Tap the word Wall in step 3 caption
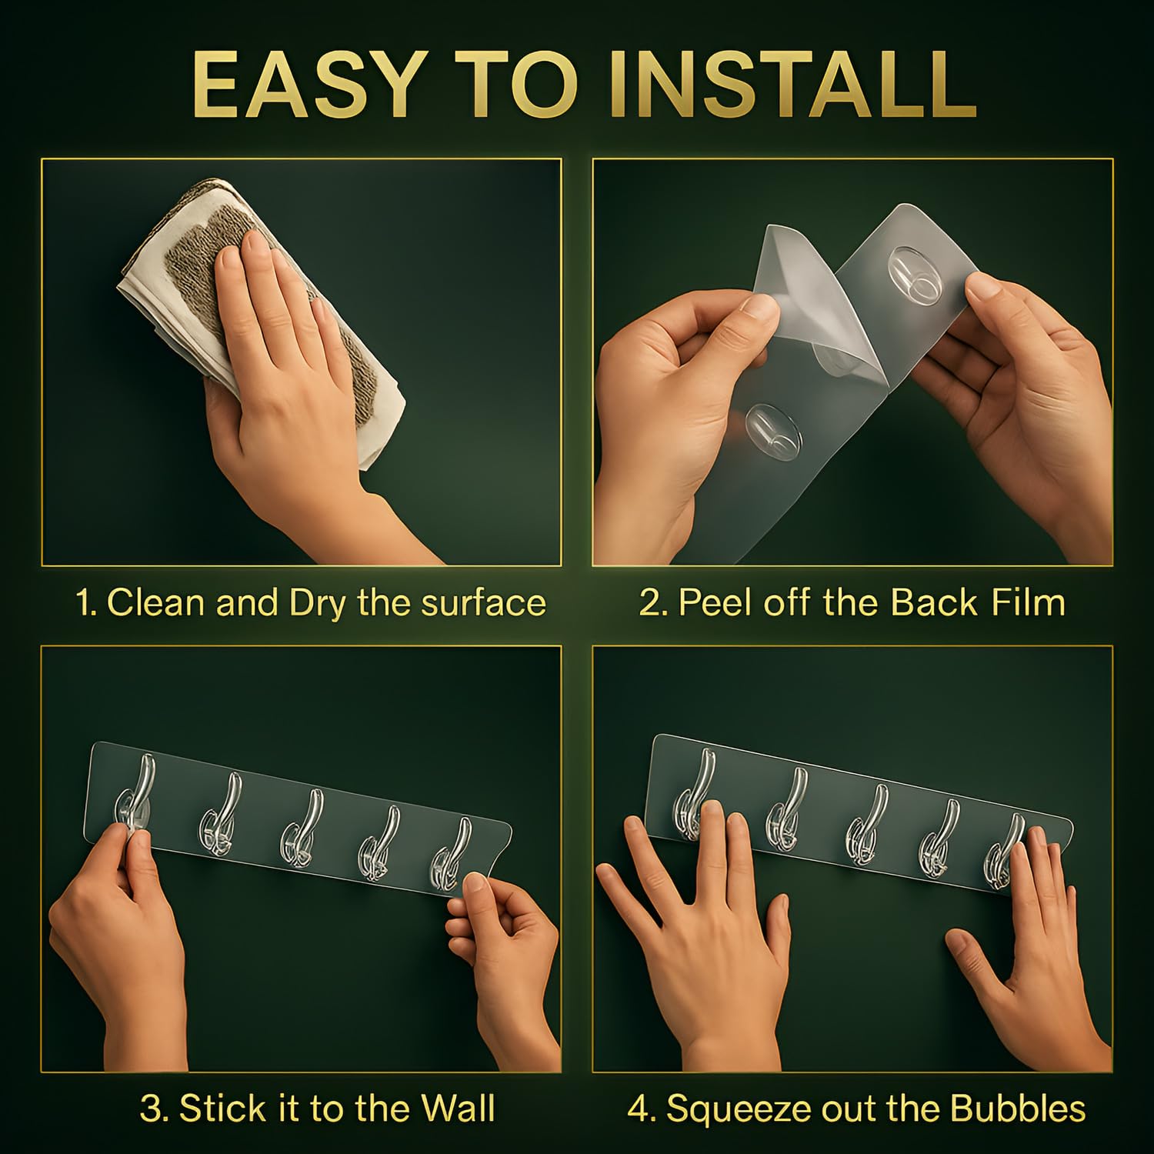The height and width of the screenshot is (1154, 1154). coord(458,1109)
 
